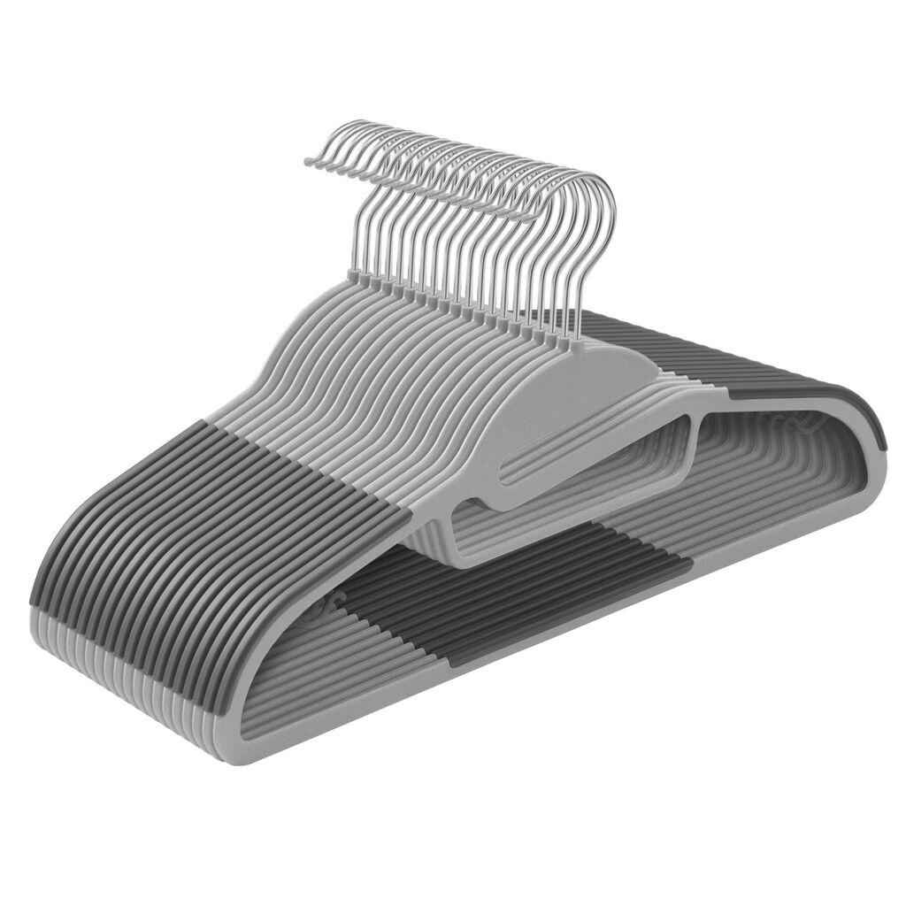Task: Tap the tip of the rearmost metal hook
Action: point(309,161)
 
